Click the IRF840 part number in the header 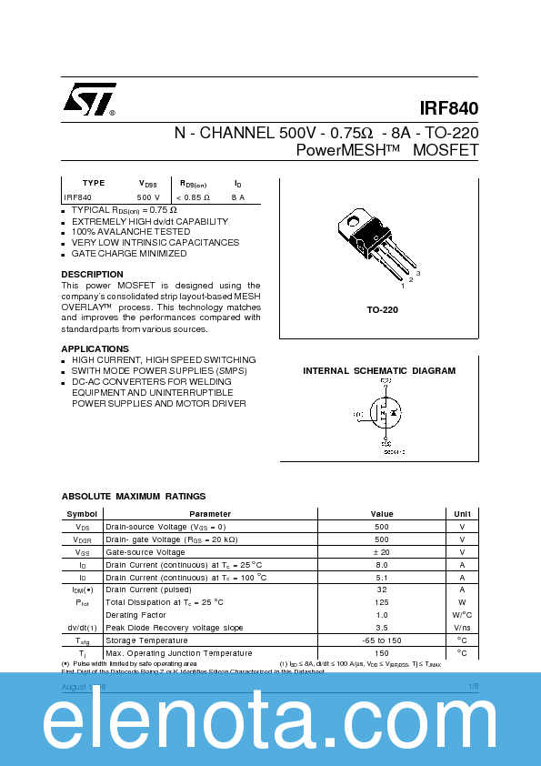[x=449, y=107]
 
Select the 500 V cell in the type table [x=148, y=197]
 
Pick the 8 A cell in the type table [x=237, y=197]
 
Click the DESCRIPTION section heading [x=92, y=274]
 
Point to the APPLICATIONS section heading [x=95, y=348]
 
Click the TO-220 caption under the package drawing [x=382, y=310]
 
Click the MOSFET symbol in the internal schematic [x=385, y=414]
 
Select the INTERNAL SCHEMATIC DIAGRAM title [x=378, y=371]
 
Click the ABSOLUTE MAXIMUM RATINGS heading [x=133, y=496]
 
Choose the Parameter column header [x=210, y=514]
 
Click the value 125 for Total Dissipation [x=382, y=602]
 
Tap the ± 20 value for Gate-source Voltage [x=382, y=552]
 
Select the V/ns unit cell [x=462, y=628]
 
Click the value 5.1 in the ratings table [x=382, y=577]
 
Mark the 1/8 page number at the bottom [x=473, y=686]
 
